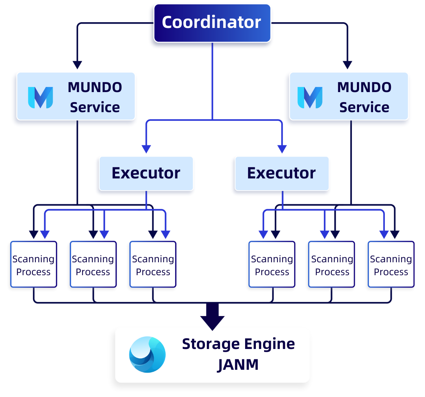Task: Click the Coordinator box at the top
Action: click(x=212, y=23)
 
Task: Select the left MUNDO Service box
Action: click(x=76, y=96)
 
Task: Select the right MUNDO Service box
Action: click(x=348, y=96)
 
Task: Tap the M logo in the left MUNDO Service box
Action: click(x=40, y=97)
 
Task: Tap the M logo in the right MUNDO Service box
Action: click(x=310, y=97)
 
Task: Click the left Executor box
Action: click(x=146, y=173)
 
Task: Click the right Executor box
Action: click(x=282, y=173)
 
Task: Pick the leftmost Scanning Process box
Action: click(x=34, y=264)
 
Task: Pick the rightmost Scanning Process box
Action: click(x=391, y=264)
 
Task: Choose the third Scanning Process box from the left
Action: click(x=153, y=264)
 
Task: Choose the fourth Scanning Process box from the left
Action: click(x=272, y=264)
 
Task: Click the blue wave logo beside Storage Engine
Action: click(x=147, y=354)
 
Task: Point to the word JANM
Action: click(x=238, y=365)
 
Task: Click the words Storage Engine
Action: click(x=238, y=344)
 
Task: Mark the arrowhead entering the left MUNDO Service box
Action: click(x=77, y=65)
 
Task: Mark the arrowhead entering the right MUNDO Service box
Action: click(x=347, y=65)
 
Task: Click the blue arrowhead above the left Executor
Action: click(x=146, y=149)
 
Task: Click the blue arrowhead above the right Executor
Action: click(x=282, y=149)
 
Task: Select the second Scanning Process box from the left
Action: click(x=93, y=264)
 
